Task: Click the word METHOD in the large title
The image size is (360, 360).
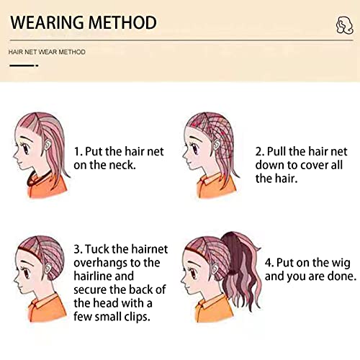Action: pos(123,22)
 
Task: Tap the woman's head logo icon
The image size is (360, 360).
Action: pos(344,25)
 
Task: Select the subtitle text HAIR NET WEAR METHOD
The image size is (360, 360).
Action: pos(47,52)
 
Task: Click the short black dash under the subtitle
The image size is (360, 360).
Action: pos(24,66)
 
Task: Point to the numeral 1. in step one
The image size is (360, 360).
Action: pos(78,151)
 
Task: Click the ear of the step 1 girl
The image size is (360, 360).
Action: pos(48,145)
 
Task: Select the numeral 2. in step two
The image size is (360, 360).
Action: pos(260,151)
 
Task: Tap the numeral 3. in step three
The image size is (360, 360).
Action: pos(78,249)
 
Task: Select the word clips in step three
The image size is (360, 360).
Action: pos(137,317)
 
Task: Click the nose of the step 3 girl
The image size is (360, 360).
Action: pos(16,279)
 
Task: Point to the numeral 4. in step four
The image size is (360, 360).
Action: pos(269,263)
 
